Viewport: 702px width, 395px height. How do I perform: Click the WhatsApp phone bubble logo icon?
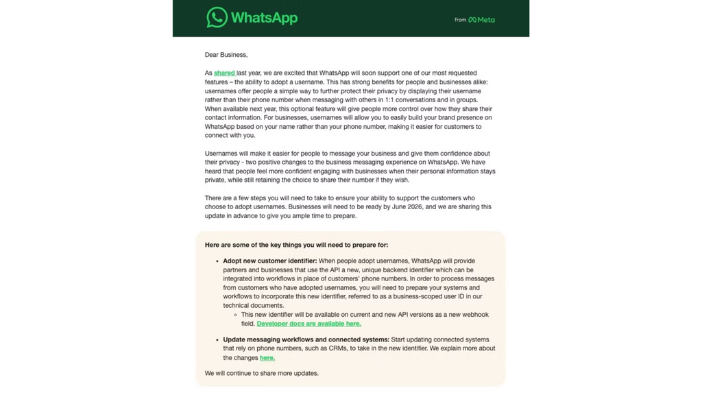tap(217, 17)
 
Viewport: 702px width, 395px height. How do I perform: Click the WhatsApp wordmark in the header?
tap(264, 18)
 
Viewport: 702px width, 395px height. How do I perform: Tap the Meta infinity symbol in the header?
tap(472, 20)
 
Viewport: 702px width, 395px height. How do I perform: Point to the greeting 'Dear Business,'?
tap(226, 55)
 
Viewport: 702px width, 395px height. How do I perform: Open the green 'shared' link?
tap(224, 73)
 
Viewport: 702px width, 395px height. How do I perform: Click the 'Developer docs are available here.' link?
tap(308, 324)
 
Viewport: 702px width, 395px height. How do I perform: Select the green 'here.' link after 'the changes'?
tap(267, 358)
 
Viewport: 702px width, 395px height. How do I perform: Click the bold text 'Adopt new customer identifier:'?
tap(269, 261)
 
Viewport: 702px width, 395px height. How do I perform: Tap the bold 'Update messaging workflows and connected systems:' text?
tap(306, 340)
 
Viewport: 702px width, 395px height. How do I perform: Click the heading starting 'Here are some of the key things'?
tap(296, 245)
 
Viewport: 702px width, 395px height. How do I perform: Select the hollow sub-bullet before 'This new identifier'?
tap(236, 315)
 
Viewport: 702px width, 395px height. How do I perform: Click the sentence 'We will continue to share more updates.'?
tap(261, 374)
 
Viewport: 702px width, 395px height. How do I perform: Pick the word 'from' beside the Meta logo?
tap(460, 20)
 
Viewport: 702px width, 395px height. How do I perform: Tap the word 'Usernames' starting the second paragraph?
tap(221, 154)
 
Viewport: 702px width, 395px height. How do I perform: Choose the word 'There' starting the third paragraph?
tap(213, 198)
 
